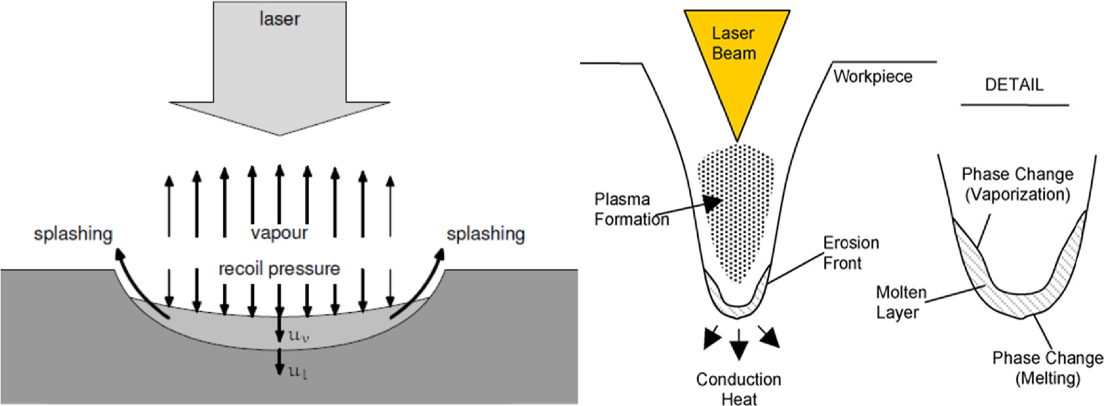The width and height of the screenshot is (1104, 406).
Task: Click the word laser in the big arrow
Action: [279, 19]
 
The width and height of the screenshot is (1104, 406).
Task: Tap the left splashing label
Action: [73, 234]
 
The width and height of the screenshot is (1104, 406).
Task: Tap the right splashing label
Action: [485, 234]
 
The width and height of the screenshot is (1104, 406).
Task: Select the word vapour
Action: [279, 233]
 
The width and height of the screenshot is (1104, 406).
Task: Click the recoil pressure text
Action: [279, 268]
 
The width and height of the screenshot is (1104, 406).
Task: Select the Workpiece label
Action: [873, 77]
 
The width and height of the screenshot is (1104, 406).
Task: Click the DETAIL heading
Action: [1014, 85]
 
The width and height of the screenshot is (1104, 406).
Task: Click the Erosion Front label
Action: [850, 253]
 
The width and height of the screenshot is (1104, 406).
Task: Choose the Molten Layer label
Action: [900, 302]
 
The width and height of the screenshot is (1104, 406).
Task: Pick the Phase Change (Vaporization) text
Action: [1017, 184]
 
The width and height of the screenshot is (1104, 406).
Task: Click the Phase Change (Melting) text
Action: [1047, 367]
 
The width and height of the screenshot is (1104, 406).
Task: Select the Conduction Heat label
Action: [738, 389]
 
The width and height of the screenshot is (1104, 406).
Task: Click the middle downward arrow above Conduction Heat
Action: [739, 344]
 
